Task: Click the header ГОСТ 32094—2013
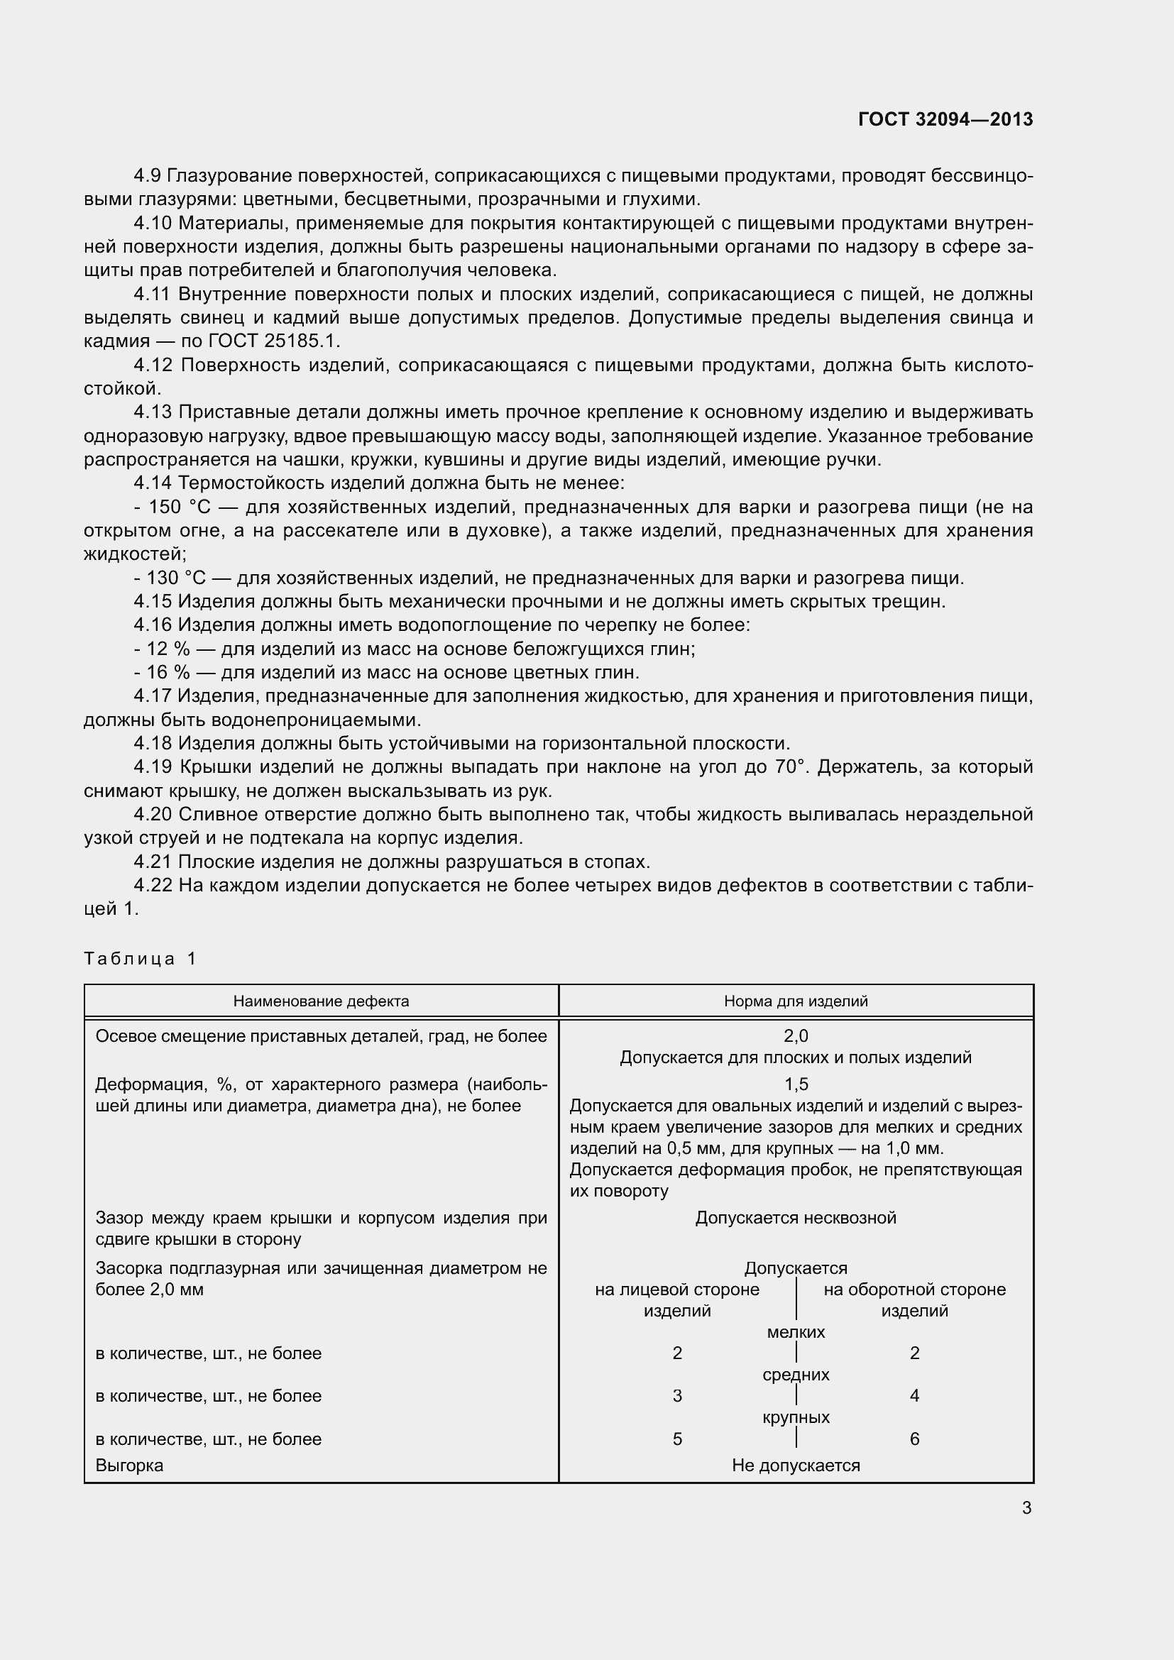point(945,119)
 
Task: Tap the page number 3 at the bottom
point(1026,1507)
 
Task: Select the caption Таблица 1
point(141,959)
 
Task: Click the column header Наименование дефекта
point(321,1001)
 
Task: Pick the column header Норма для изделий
point(795,1001)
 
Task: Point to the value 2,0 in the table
point(795,1036)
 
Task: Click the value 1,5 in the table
point(795,1084)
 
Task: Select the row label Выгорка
point(129,1466)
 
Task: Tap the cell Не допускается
point(795,1466)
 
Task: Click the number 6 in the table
point(914,1439)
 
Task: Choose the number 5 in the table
point(676,1439)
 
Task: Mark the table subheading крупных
point(795,1417)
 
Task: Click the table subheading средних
point(795,1375)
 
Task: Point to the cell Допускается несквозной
point(795,1218)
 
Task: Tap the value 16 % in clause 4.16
point(168,672)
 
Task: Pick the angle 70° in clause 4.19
point(789,767)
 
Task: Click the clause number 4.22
point(153,885)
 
